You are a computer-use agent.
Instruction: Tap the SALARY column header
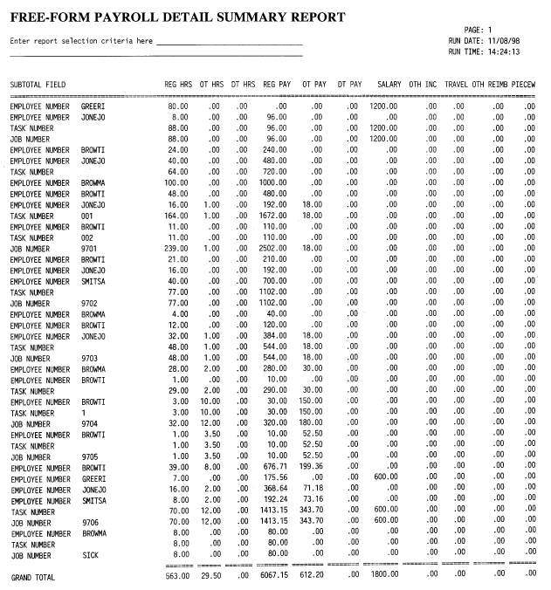coord(389,85)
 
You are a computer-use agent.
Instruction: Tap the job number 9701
coord(89,249)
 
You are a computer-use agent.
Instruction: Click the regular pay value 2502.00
coord(272,249)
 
